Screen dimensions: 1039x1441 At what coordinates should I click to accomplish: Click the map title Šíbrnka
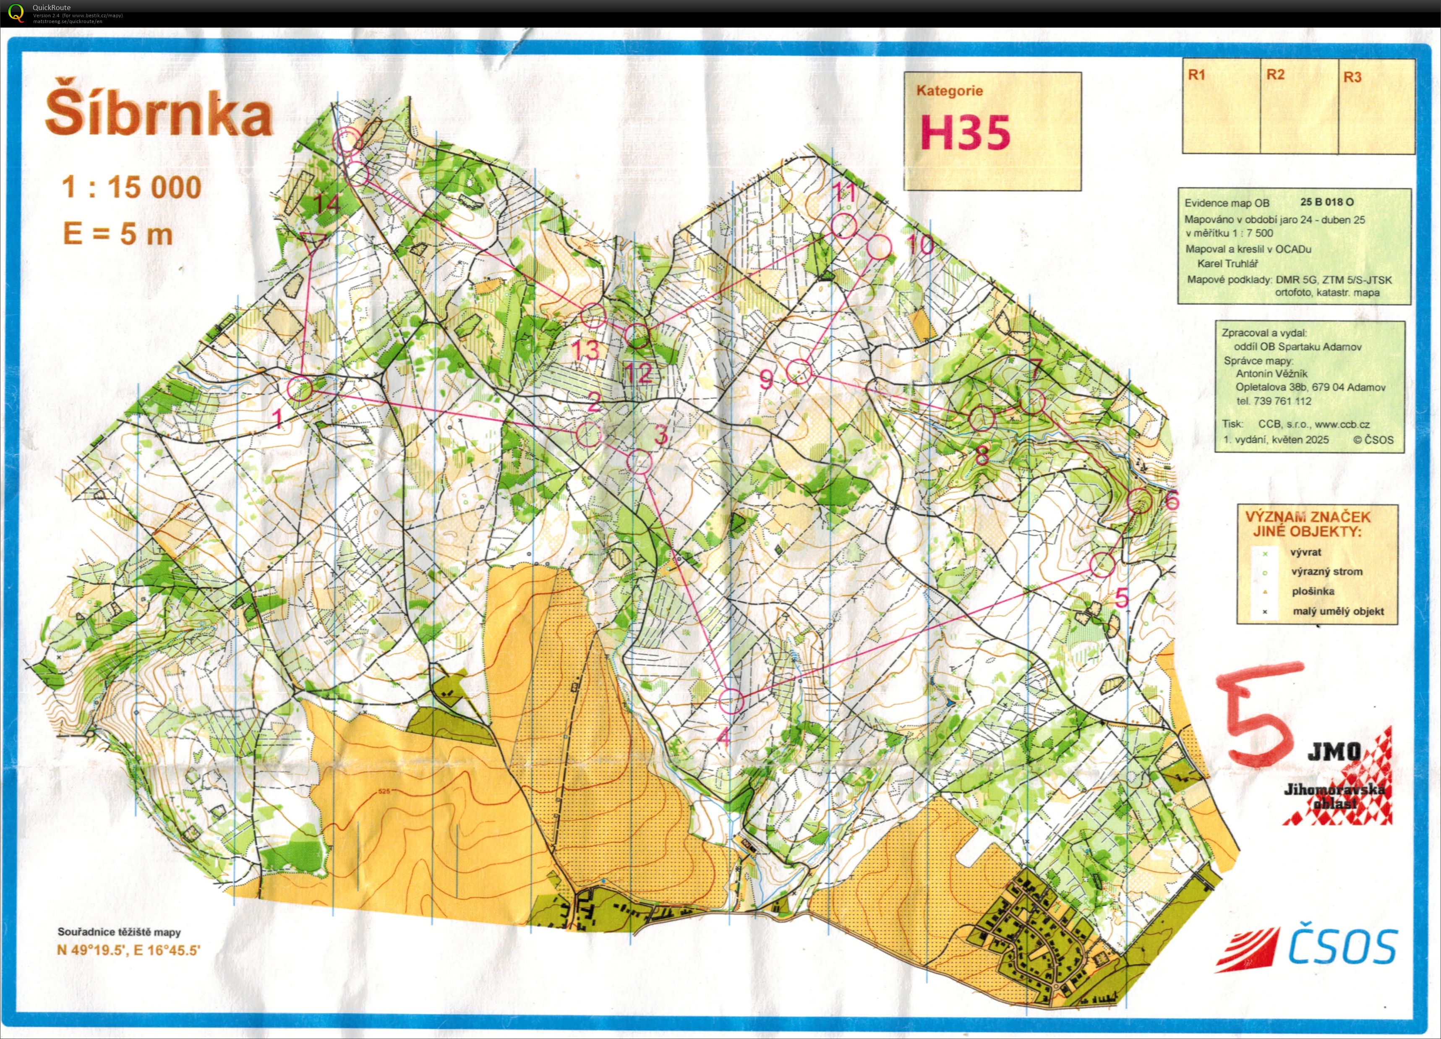tap(159, 116)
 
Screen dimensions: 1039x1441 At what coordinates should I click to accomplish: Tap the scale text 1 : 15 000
tap(131, 188)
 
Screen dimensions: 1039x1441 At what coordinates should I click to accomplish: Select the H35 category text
tap(965, 133)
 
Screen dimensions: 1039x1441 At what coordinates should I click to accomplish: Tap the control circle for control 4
tap(731, 702)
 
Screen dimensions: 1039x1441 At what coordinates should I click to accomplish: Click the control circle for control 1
tap(300, 389)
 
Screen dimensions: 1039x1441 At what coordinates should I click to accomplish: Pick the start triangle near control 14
tap(313, 240)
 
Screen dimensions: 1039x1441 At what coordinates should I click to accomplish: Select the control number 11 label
tap(845, 192)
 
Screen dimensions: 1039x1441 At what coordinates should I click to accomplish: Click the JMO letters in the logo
tap(1334, 753)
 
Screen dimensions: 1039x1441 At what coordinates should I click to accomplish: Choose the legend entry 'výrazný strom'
tap(1326, 571)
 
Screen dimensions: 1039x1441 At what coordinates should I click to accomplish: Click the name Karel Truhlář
tap(1227, 264)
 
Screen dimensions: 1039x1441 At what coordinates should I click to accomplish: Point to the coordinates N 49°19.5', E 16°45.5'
tap(129, 951)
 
